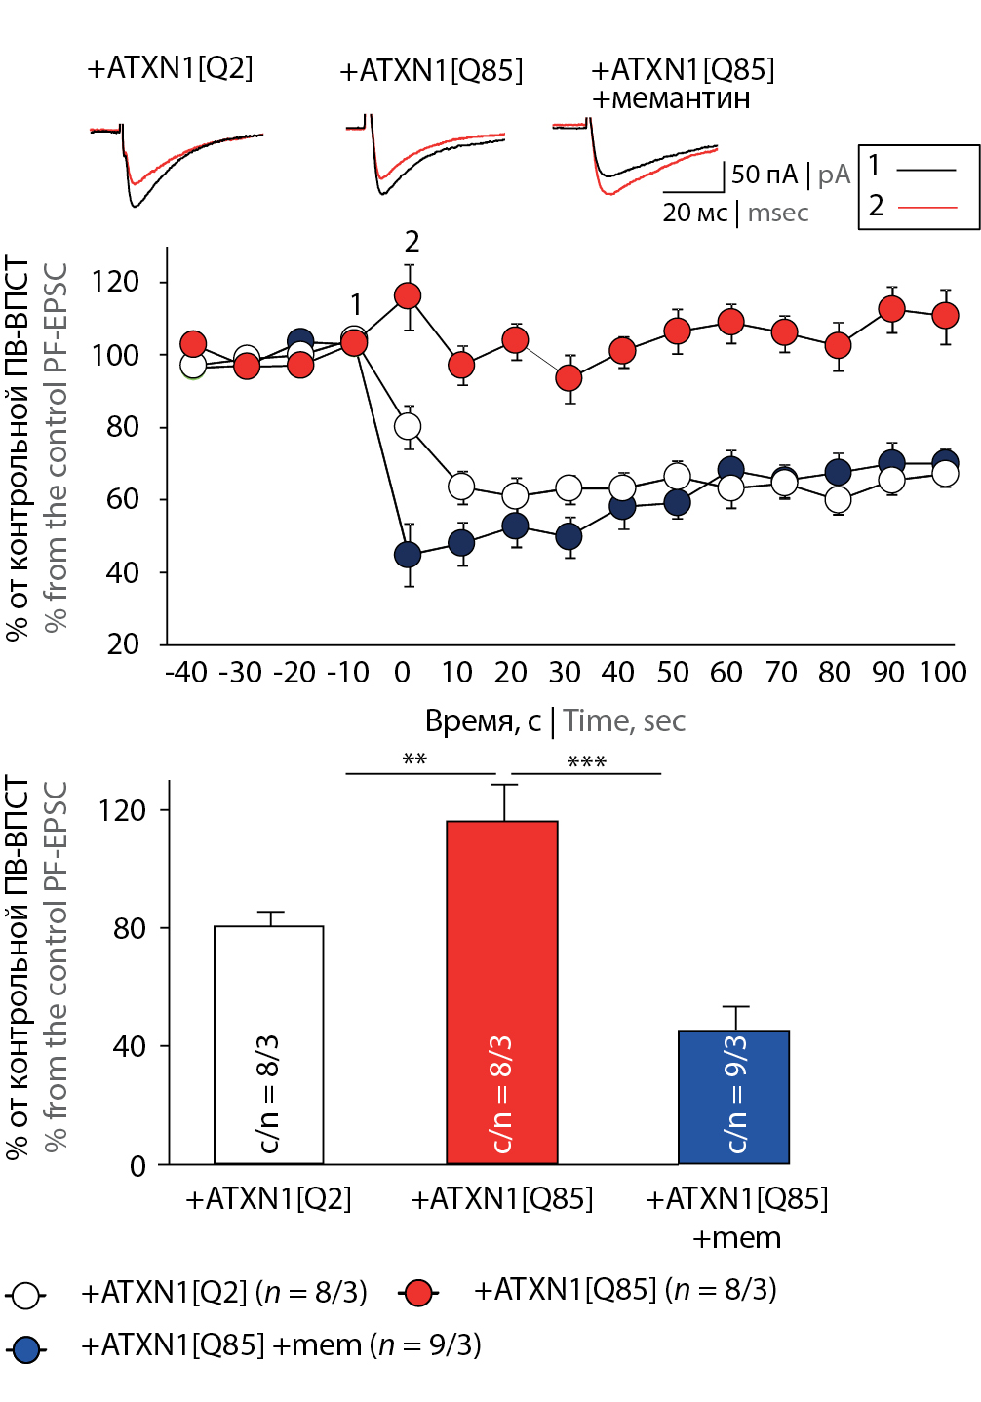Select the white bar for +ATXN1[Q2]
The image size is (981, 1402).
click(x=269, y=1044)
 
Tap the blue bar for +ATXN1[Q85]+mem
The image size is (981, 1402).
click(x=734, y=1096)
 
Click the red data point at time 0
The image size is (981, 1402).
click(x=408, y=295)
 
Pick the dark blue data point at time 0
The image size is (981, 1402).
click(x=408, y=555)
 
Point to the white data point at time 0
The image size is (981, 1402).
click(x=408, y=426)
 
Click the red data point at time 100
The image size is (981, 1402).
click(x=945, y=315)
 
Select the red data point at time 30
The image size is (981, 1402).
click(x=569, y=377)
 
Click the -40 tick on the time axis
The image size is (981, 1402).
click(x=186, y=673)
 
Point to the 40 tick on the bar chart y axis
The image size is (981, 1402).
click(x=130, y=1046)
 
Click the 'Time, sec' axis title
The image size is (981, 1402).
click(x=624, y=720)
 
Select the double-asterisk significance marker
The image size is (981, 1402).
click(x=414, y=759)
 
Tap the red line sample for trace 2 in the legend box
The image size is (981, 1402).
click(x=926, y=207)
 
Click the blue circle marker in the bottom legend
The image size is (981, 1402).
click(x=26, y=1349)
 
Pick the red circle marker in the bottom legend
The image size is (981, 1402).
click(x=418, y=1293)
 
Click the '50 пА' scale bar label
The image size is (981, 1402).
click(x=764, y=175)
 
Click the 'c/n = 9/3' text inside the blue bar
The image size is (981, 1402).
click(x=737, y=1094)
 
